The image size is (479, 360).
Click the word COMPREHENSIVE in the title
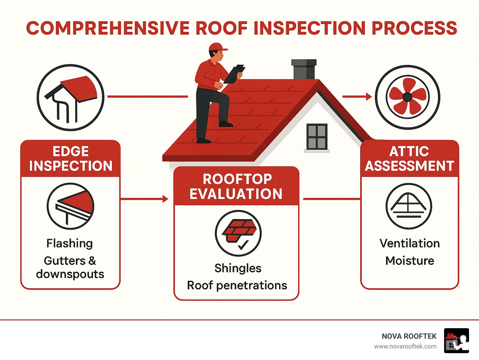[108, 28]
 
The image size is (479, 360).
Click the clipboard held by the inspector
[234, 74]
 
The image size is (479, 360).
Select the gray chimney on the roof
[304, 69]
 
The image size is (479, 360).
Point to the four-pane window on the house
[317, 137]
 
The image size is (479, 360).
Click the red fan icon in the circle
[407, 97]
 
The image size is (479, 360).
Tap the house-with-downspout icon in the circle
[70, 97]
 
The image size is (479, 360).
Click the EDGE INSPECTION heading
[70, 158]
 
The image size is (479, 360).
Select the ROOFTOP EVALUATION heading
[236, 187]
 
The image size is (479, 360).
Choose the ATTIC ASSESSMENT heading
[409, 158]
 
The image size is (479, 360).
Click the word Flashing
[70, 243]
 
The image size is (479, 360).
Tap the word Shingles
[238, 268]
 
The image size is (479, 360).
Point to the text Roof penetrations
[237, 285]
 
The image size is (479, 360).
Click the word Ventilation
[409, 243]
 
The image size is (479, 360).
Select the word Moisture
[409, 261]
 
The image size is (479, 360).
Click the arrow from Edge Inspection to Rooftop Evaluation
[144, 199]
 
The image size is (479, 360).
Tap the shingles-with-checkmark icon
[238, 233]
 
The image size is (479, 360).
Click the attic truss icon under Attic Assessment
[409, 206]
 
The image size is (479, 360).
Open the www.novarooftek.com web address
[405, 347]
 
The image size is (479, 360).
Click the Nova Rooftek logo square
[457, 341]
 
